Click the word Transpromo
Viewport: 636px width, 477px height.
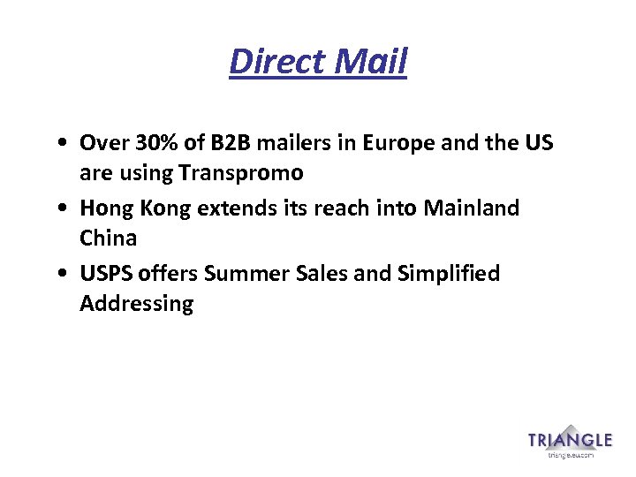[241, 172]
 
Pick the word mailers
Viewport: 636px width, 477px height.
[294, 142]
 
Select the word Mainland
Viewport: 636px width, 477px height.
[472, 208]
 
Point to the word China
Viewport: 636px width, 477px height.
[108, 238]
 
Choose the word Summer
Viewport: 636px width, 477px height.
[245, 274]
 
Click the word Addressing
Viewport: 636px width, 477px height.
[136, 305]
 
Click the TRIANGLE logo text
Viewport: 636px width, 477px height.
[570, 440]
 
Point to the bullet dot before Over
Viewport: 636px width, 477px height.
[57, 143]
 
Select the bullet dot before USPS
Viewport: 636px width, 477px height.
[57, 275]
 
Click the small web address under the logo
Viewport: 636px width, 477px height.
[570, 456]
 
